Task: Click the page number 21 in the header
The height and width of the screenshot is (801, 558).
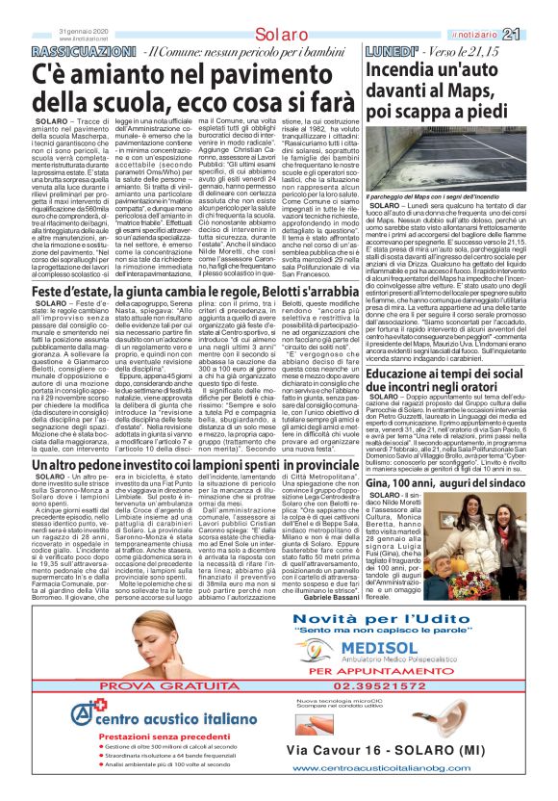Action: [539, 9]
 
